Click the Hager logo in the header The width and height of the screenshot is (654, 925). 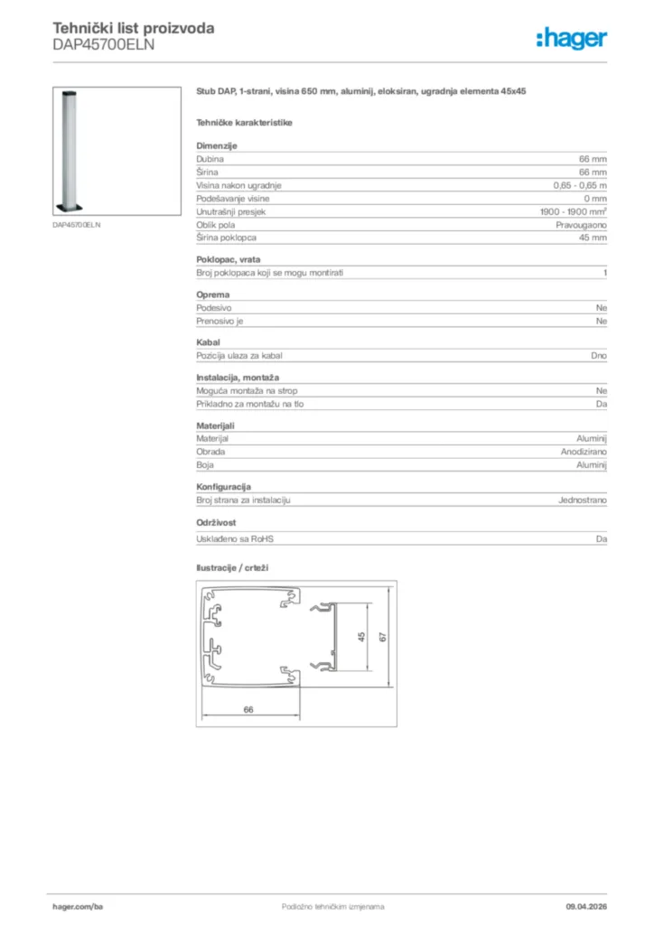tap(571, 38)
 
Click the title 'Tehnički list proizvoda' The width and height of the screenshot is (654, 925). tap(134, 28)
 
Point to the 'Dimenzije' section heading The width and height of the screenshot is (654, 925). tap(217, 145)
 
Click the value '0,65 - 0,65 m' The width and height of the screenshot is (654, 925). tap(580, 185)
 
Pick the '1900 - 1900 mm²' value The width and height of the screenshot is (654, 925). tap(574, 211)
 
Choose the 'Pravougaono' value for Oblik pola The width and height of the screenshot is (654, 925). tap(581, 224)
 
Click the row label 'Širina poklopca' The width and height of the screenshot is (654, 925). tap(227, 238)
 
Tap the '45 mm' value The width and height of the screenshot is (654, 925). tap(593, 238)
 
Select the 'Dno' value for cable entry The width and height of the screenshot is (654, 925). tap(599, 356)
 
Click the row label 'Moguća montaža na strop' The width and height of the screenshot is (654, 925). tap(247, 391)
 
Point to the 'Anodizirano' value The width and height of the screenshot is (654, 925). tap(584, 451)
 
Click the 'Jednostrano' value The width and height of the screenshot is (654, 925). tap(582, 500)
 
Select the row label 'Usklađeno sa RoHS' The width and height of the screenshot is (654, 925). tap(235, 539)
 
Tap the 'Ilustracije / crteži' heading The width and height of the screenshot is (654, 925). tap(233, 568)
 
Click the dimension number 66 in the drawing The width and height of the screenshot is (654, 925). tap(248, 709)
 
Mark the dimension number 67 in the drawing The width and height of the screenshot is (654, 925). tap(383, 637)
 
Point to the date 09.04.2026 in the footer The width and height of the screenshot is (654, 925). tap(585, 906)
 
